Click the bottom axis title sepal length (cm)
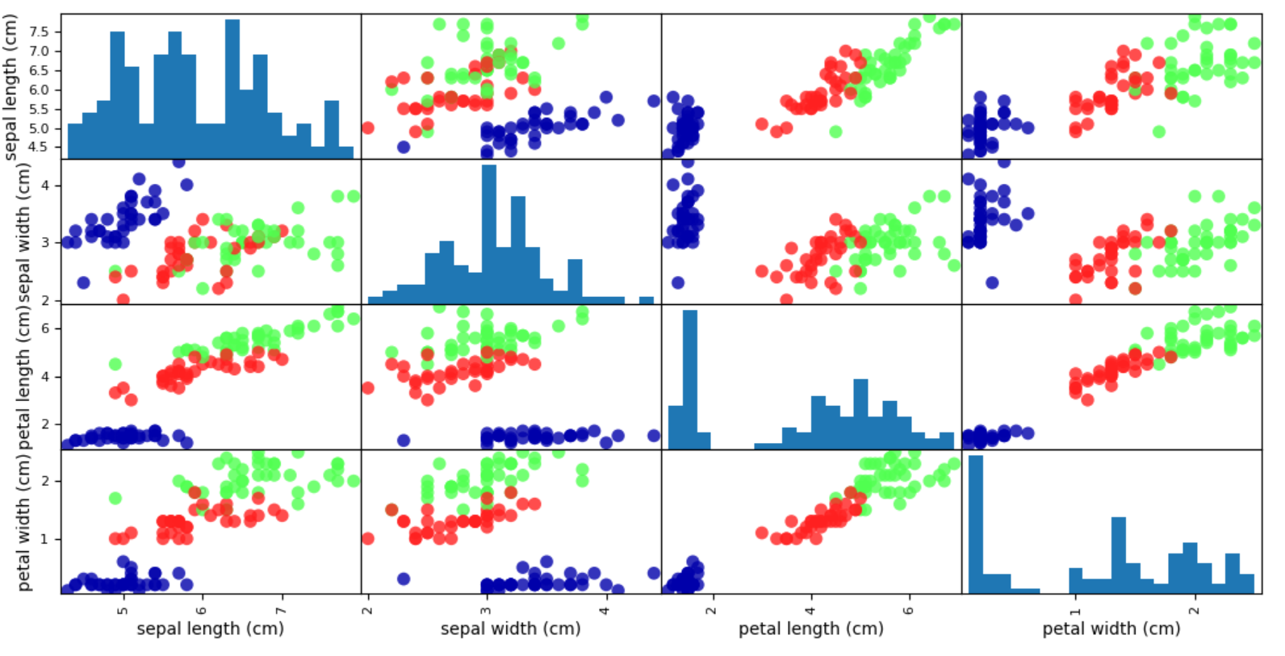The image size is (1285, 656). point(210,629)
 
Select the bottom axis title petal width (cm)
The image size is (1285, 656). point(1111,629)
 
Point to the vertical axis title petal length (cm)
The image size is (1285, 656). point(23,378)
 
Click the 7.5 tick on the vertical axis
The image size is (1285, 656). point(40,31)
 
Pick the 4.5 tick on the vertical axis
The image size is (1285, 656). point(40,147)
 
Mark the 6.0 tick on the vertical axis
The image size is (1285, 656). point(40,90)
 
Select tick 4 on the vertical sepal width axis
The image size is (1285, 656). point(46,185)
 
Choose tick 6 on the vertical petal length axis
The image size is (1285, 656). point(46,328)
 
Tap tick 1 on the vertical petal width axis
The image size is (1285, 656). point(46,539)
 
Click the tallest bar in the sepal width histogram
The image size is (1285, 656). point(489,234)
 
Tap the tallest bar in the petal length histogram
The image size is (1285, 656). point(690,379)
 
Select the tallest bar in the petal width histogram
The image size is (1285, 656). point(976,524)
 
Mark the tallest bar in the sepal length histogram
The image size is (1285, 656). point(232,89)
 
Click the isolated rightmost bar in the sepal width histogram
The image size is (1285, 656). point(647,300)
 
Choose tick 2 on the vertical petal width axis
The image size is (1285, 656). point(46,481)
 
